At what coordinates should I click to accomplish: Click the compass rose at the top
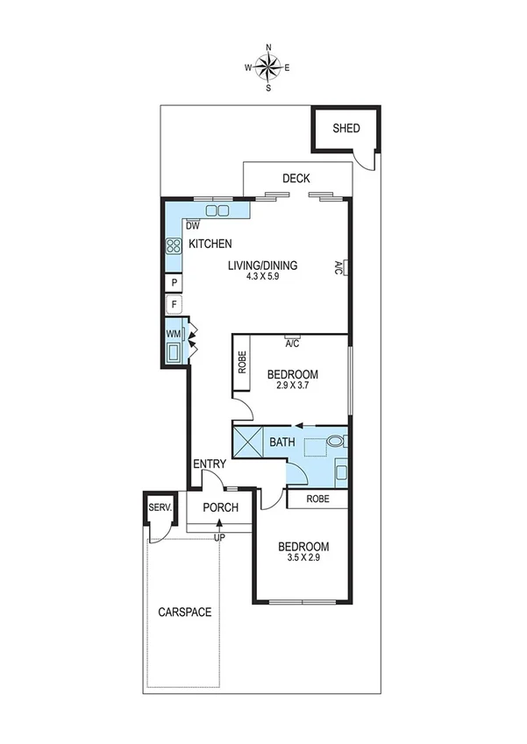pos(268,67)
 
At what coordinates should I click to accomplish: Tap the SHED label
pos(345,129)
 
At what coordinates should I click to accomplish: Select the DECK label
pos(296,179)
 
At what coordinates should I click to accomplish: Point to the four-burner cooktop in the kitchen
pos(173,246)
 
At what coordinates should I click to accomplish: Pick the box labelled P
pos(174,283)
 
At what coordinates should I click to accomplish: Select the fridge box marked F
pos(174,306)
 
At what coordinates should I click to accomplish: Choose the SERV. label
pos(159,507)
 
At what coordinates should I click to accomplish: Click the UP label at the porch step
pos(219,536)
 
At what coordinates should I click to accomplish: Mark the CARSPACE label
pos(184,613)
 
